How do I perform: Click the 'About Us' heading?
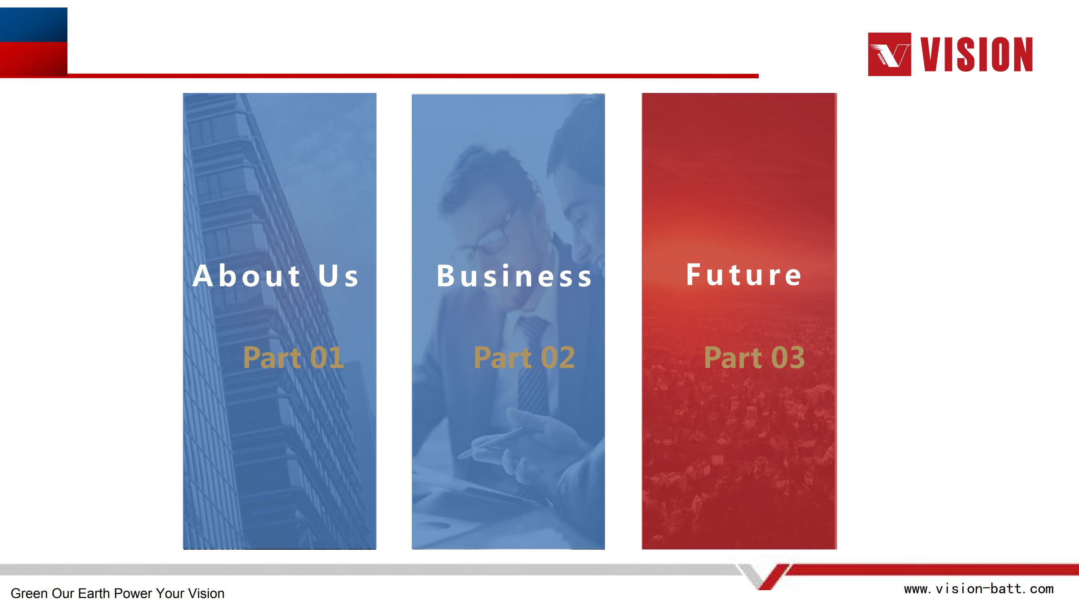click(x=276, y=276)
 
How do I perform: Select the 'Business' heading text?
click(x=514, y=276)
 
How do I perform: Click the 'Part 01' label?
click(x=293, y=358)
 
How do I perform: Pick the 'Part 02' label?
click(x=524, y=358)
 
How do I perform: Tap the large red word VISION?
click(x=976, y=54)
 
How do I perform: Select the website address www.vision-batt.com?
click(x=979, y=589)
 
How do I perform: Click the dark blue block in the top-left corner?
click(x=33, y=25)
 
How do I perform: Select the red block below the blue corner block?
click(x=33, y=59)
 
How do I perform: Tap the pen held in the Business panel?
click(x=490, y=443)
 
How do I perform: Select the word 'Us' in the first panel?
click(x=338, y=276)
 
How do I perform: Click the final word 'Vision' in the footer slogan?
click(x=206, y=593)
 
